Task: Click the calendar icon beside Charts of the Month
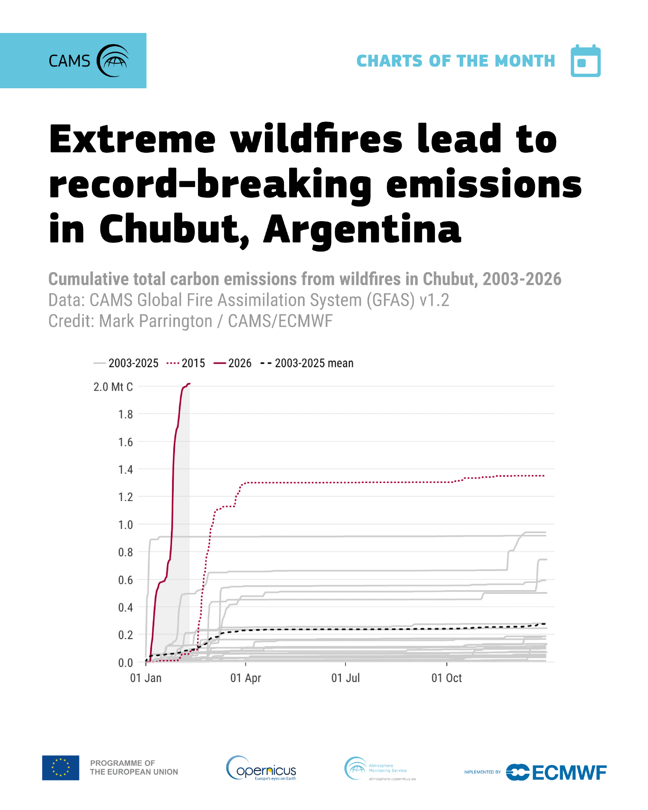coord(585,61)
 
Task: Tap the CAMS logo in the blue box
coord(89,61)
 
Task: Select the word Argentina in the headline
coord(362,229)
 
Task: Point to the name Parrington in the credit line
coord(156,321)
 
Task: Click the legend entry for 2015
coord(186,363)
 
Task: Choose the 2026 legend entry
coord(233,363)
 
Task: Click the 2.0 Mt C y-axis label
coord(113,387)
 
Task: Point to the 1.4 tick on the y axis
coord(125,469)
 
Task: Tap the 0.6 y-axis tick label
coord(125,580)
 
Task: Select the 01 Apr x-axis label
coord(245,678)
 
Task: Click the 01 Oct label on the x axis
coord(446,678)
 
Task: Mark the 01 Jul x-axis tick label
coord(345,678)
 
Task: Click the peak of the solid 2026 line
coord(188,384)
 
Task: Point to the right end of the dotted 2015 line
coord(544,476)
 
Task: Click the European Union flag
coord(61,767)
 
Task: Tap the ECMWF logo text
coord(569,773)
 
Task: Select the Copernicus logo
coord(261,768)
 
